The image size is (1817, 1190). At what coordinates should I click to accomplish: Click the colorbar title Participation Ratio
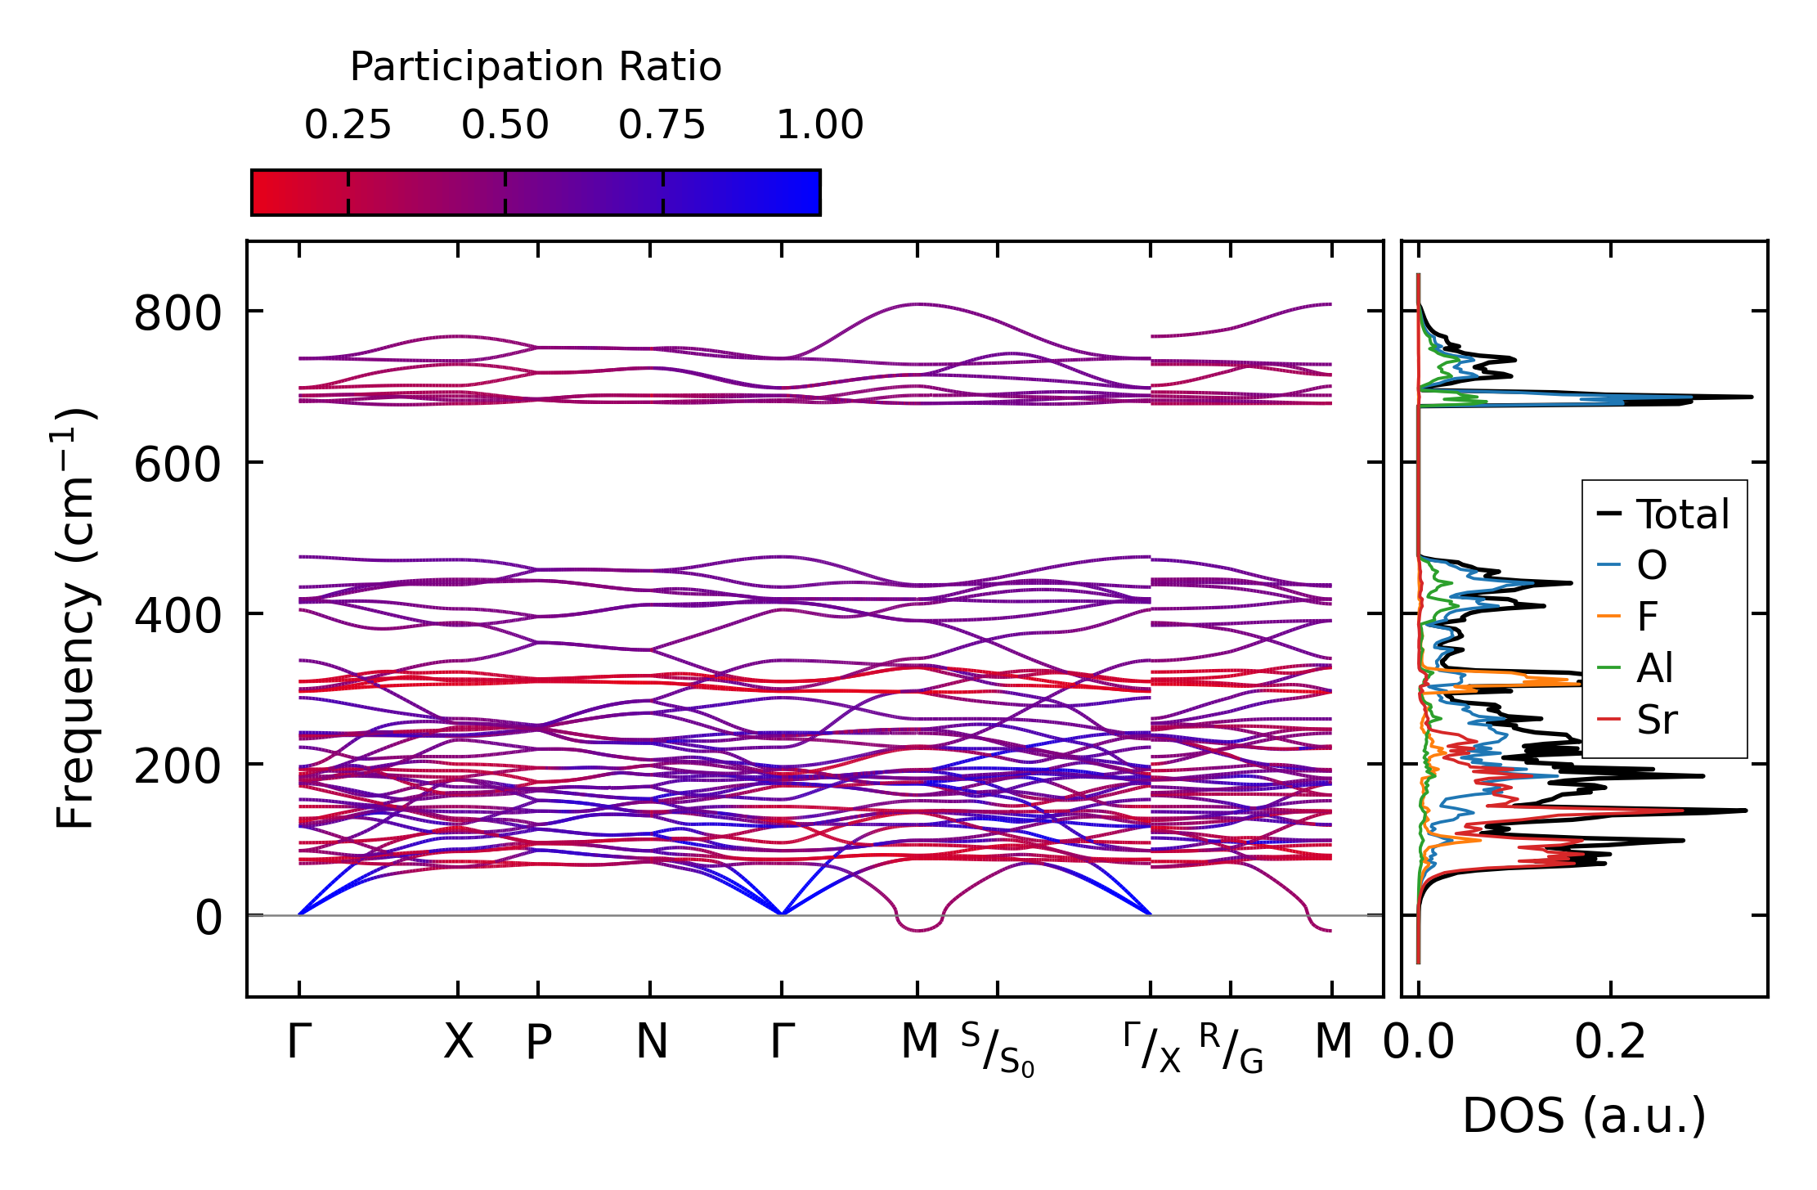point(536,67)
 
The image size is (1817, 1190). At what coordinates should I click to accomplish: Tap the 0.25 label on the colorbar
point(348,125)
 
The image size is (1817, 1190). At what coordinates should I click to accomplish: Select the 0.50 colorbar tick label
point(505,125)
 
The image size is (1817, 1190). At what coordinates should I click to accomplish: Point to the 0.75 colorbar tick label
point(662,125)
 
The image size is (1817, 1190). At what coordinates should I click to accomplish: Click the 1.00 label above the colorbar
point(819,125)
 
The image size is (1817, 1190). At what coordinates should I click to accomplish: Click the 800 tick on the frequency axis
point(177,313)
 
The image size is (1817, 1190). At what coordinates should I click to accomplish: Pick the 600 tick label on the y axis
point(177,465)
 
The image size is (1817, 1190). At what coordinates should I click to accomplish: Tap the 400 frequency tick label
point(177,616)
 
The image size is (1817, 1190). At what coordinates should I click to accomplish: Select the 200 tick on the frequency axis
point(177,767)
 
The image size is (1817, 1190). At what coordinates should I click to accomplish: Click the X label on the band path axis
point(458,1042)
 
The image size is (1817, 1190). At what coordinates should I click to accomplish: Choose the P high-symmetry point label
point(538,1042)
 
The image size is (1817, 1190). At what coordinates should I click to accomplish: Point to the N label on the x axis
point(652,1042)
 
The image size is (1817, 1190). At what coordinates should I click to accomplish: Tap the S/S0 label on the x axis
point(997,1049)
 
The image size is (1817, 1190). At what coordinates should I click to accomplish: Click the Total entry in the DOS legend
point(1682,514)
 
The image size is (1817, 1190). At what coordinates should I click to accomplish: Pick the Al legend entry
point(1654,668)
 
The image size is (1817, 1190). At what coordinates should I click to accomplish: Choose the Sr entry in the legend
point(1656,720)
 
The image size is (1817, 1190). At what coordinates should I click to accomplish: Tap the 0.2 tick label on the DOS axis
point(1610,1042)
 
